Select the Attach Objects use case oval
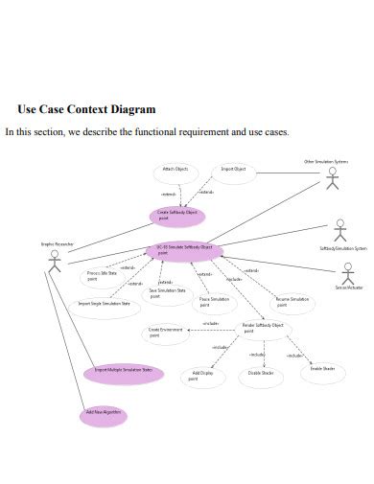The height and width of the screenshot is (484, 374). click(175, 172)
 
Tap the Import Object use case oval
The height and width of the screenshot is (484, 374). click(233, 172)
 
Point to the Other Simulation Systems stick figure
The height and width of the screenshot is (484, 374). click(333, 179)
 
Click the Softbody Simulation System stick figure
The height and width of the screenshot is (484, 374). click(339, 231)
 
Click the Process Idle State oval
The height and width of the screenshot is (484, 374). click(103, 276)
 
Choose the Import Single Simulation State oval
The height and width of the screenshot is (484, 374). click(104, 306)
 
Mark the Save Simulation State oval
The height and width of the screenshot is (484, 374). click(168, 293)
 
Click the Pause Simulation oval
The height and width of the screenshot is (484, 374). click(215, 302)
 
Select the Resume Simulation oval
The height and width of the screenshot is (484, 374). click(293, 303)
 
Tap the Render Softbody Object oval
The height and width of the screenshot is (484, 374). click(262, 328)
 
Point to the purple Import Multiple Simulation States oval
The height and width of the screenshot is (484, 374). click(124, 371)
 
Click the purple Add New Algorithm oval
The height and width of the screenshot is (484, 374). click(102, 414)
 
